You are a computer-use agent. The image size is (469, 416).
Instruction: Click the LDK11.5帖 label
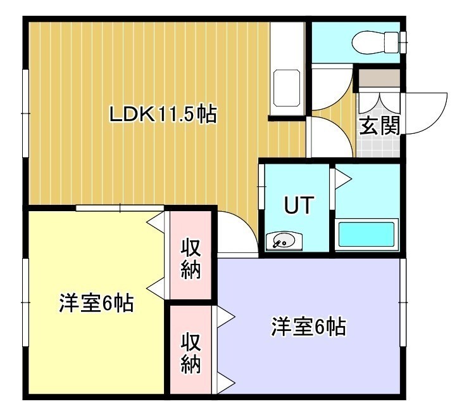(x=163, y=114)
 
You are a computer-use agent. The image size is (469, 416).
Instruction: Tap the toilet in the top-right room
(x=376, y=42)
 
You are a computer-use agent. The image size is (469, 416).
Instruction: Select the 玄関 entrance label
(x=379, y=126)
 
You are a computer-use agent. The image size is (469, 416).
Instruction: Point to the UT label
(x=299, y=205)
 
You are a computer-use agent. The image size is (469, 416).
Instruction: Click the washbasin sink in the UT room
(x=284, y=241)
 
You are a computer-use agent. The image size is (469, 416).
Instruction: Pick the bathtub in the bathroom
(x=366, y=235)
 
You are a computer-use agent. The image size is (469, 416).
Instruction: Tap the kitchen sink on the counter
(x=287, y=88)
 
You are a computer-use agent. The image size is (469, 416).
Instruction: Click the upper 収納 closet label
(x=191, y=259)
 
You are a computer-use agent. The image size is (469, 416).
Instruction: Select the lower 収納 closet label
(x=191, y=354)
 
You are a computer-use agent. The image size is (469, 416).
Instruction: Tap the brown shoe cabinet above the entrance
(x=379, y=77)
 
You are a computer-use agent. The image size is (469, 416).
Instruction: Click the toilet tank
(x=392, y=42)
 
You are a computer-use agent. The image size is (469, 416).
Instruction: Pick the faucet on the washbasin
(x=278, y=244)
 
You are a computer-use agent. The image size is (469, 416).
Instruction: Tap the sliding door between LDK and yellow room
(x=120, y=208)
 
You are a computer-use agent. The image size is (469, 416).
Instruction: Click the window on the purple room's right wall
(x=403, y=302)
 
